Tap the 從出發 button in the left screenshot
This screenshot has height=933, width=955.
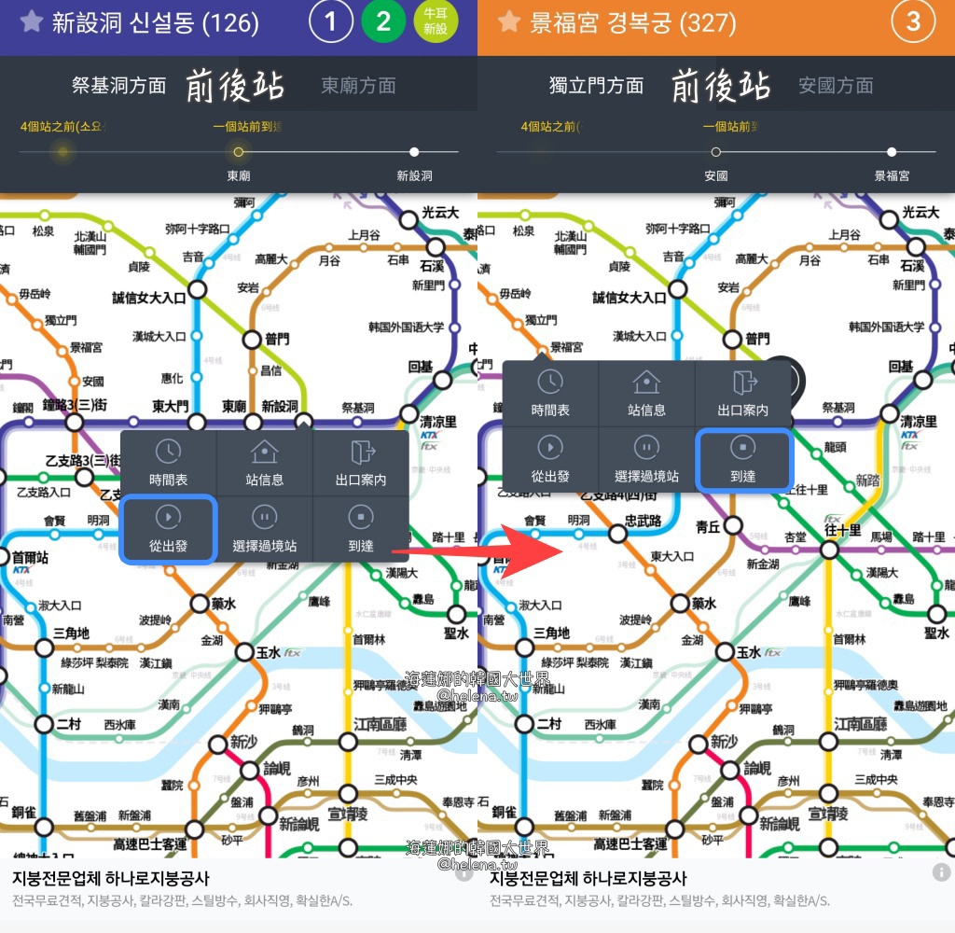168,529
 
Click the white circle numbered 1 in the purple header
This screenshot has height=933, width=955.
330,21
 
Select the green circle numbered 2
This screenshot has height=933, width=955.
383,21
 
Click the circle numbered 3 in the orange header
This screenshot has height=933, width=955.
913,21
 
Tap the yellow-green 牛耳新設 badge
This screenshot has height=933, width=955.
436,21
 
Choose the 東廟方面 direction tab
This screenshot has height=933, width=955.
358,86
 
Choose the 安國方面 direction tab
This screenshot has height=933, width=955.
836,86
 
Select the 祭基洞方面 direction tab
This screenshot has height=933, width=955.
118,86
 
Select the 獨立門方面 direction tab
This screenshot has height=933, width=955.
596,86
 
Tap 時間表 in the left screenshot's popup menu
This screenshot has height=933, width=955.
168,463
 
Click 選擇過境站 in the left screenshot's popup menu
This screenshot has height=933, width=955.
264,529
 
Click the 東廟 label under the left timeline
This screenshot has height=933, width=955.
239,175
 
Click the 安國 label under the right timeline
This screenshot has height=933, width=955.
715,175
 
